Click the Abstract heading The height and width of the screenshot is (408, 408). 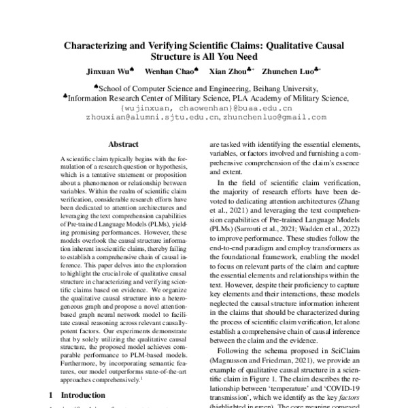(x=123, y=144)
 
